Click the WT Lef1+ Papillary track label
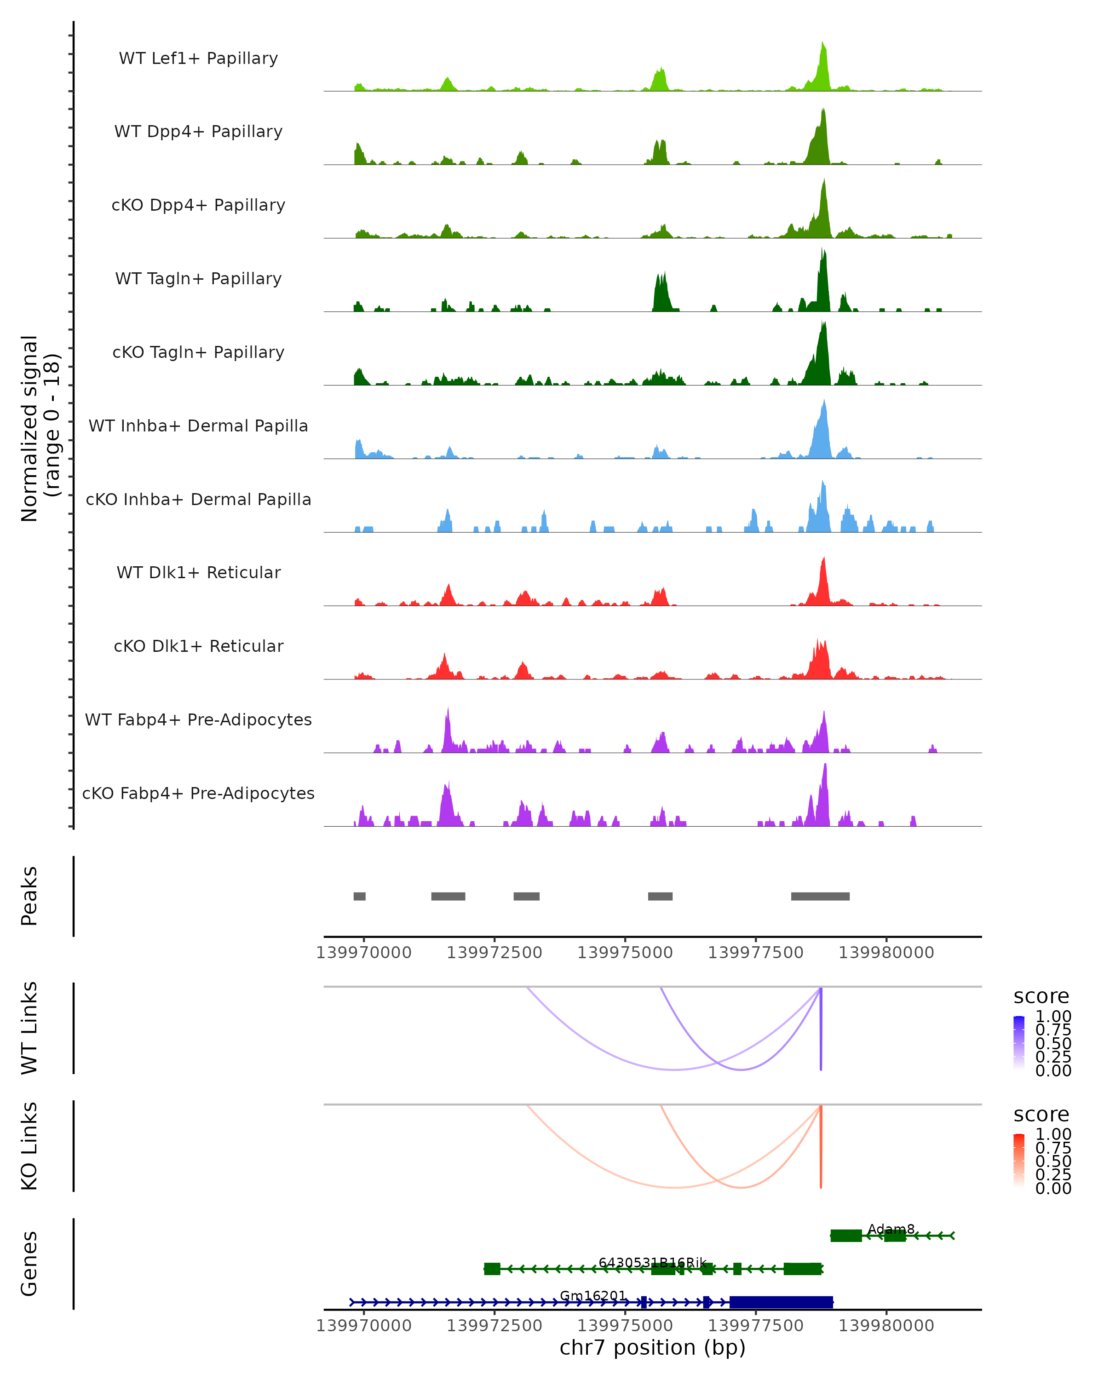click(x=198, y=58)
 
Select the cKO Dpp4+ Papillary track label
click(x=198, y=205)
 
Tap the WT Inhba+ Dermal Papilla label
click(x=198, y=425)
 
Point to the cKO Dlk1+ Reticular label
click(x=198, y=646)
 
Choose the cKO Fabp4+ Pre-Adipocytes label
click(x=198, y=793)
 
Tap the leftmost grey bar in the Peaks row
click(x=360, y=896)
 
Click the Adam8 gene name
click(x=891, y=1229)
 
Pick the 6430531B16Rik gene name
click(x=652, y=1262)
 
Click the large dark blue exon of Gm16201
click(x=781, y=1302)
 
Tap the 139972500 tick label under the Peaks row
click(x=494, y=953)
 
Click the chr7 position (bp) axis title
click(x=652, y=1347)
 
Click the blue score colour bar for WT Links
click(x=1019, y=1042)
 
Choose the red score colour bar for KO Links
click(x=1019, y=1160)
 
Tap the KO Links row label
click(x=29, y=1146)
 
